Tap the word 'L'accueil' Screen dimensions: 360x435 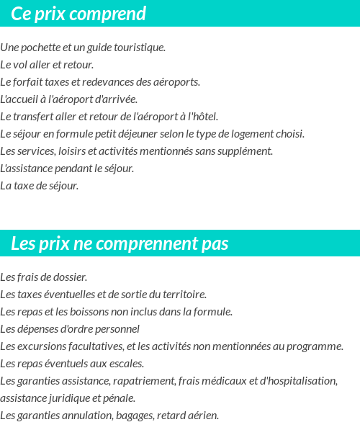pyautogui.click(x=18, y=99)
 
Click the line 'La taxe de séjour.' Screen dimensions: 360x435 pyautogui.click(x=39, y=186)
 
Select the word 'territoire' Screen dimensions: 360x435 pyautogui.click(x=184, y=295)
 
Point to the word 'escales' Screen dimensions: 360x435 pyautogui.click(x=126, y=364)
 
